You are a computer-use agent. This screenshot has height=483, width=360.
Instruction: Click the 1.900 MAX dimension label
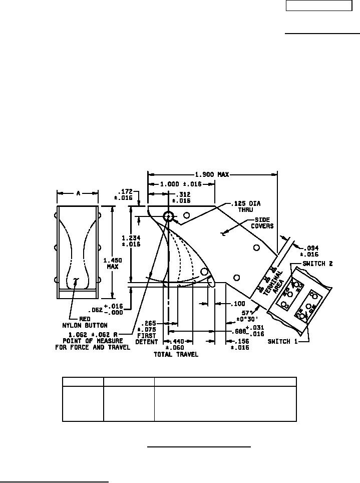tap(210, 174)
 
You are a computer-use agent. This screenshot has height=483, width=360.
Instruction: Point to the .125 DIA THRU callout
tap(246, 206)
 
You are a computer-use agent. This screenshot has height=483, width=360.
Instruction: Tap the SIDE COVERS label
tap(264, 222)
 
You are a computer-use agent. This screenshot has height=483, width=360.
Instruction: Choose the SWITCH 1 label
tap(285, 342)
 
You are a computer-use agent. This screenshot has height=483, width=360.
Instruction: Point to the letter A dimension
tap(78, 193)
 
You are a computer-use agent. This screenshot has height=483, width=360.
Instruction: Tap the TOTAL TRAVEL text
tap(176, 354)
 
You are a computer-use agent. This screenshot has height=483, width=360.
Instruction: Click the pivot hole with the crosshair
tap(168, 216)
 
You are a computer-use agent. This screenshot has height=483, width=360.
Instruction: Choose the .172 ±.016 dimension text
tap(126, 194)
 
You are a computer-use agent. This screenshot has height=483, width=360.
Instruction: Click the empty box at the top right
tap(319, 6)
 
